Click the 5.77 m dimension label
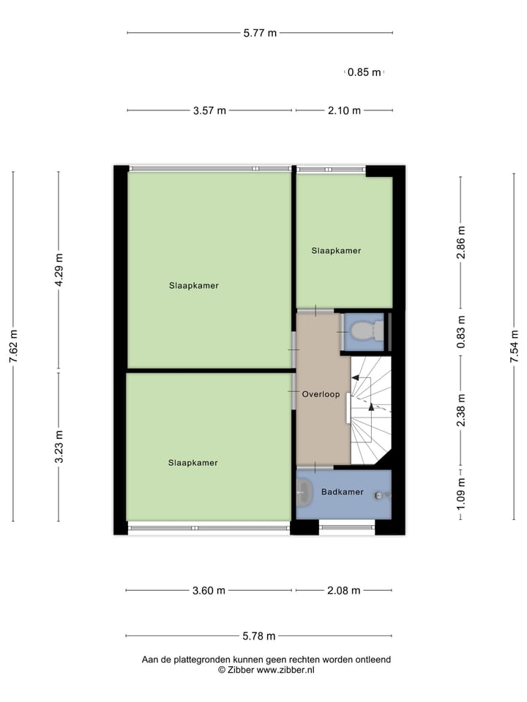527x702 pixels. (x=260, y=33)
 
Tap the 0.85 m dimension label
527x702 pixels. (x=364, y=72)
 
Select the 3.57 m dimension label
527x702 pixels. (x=209, y=111)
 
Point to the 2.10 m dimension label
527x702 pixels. (x=344, y=111)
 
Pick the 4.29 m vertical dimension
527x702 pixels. (x=59, y=270)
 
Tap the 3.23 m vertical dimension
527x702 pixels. (x=59, y=446)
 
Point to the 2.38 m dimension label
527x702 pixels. (x=460, y=412)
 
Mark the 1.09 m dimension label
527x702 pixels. (x=460, y=494)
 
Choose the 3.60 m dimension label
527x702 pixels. (x=209, y=591)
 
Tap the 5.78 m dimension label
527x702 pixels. (x=259, y=636)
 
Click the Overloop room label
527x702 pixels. (x=321, y=394)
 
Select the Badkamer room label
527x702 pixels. (x=342, y=492)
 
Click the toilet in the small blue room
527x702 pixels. (x=363, y=333)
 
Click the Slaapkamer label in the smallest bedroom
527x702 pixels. (x=336, y=251)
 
